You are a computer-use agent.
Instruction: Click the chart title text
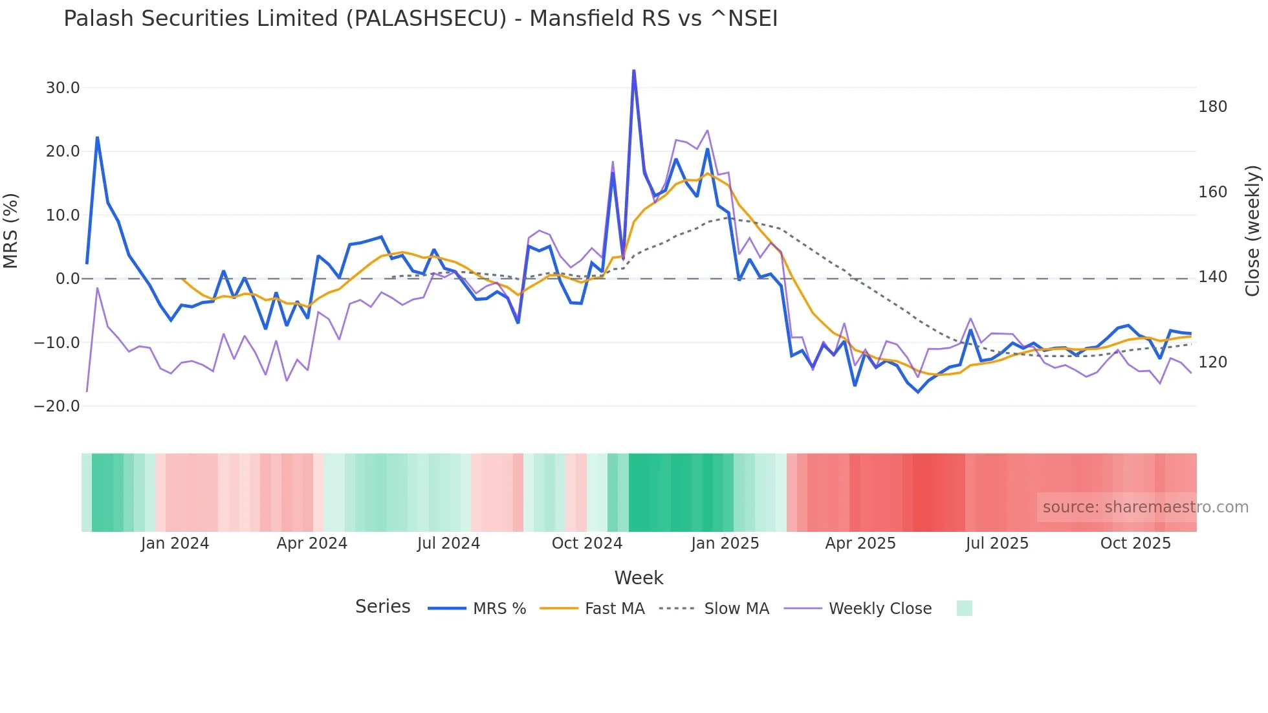pyautogui.click(x=421, y=19)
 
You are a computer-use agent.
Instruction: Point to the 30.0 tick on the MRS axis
pyautogui.click(x=63, y=88)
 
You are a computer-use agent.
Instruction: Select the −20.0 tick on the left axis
pyautogui.click(x=57, y=406)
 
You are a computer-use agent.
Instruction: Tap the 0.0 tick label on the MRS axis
pyautogui.click(x=67, y=279)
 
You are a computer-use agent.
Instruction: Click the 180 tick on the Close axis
pyautogui.click(x=1212, y=107)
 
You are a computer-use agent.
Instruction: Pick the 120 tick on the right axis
pyautogui.click(x=1212, y=362)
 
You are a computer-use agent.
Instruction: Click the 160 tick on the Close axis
pyautogui.click(x=1212, y=192)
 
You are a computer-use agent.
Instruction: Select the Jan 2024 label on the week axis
pyautogui.click(x=175, y=543)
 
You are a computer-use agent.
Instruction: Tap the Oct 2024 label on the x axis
pyautogui.click(x=587, y=543)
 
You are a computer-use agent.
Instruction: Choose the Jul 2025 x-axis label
pyautogui.click(x=997, y=543)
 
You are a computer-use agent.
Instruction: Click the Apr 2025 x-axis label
pyautogui.click(x=860, y=543)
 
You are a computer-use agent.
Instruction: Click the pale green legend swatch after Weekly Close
pyautogui.click(x=964, y=608)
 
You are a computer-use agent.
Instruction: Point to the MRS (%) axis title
pyautogui.click(x=11, y=230)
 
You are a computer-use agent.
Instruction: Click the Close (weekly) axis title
pyautogui.click(x=1252, y=230)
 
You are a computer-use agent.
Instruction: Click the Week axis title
pyautogui.click(x=639, y=578)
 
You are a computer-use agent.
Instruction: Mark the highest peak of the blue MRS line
pyautogui.click(x=634, y=70)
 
